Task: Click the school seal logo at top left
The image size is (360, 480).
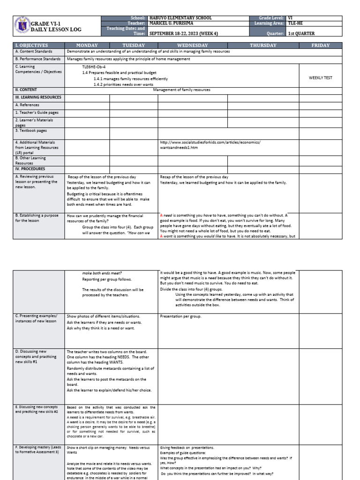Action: [21, 26]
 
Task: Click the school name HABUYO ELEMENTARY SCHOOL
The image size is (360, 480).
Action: [180, 18]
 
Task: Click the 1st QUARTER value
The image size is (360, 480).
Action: [301, 34]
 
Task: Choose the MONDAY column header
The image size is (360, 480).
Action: [87, 45]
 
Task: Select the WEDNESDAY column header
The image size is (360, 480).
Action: [192, 45]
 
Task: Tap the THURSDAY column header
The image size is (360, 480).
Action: [263, 45]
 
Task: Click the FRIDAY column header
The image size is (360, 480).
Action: [321, 45]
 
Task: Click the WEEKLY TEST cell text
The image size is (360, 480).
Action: [321, 78]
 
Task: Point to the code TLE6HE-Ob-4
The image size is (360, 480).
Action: [94, 67]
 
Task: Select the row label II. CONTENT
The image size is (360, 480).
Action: [26, 90]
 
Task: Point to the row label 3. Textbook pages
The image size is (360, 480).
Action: [31, 131]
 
